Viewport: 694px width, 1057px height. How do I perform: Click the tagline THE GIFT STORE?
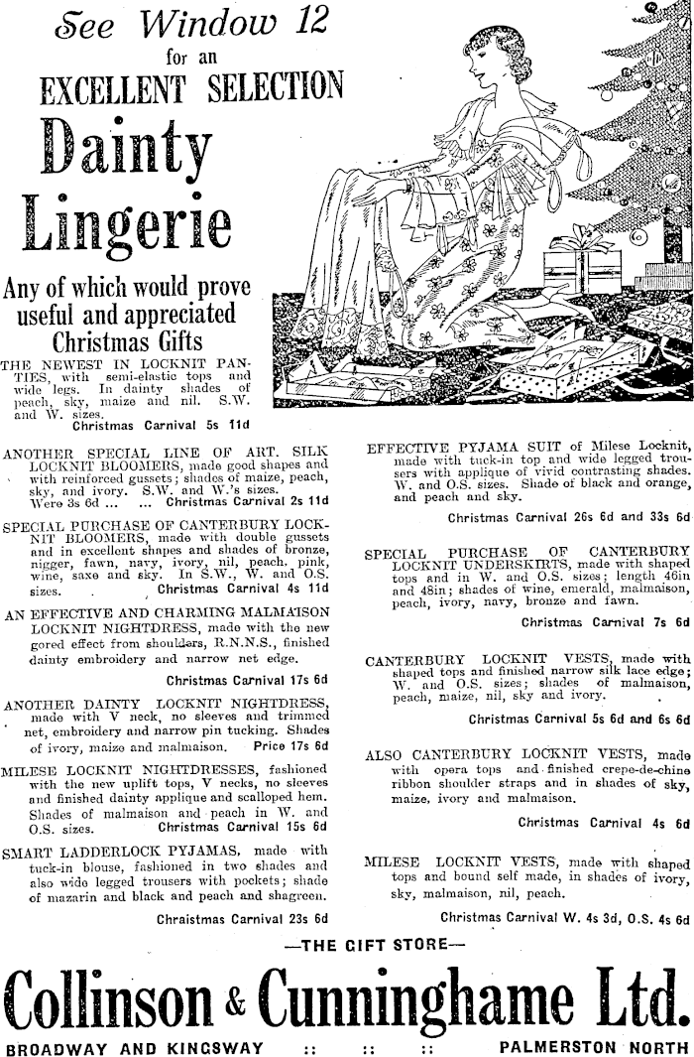click(352, 946)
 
